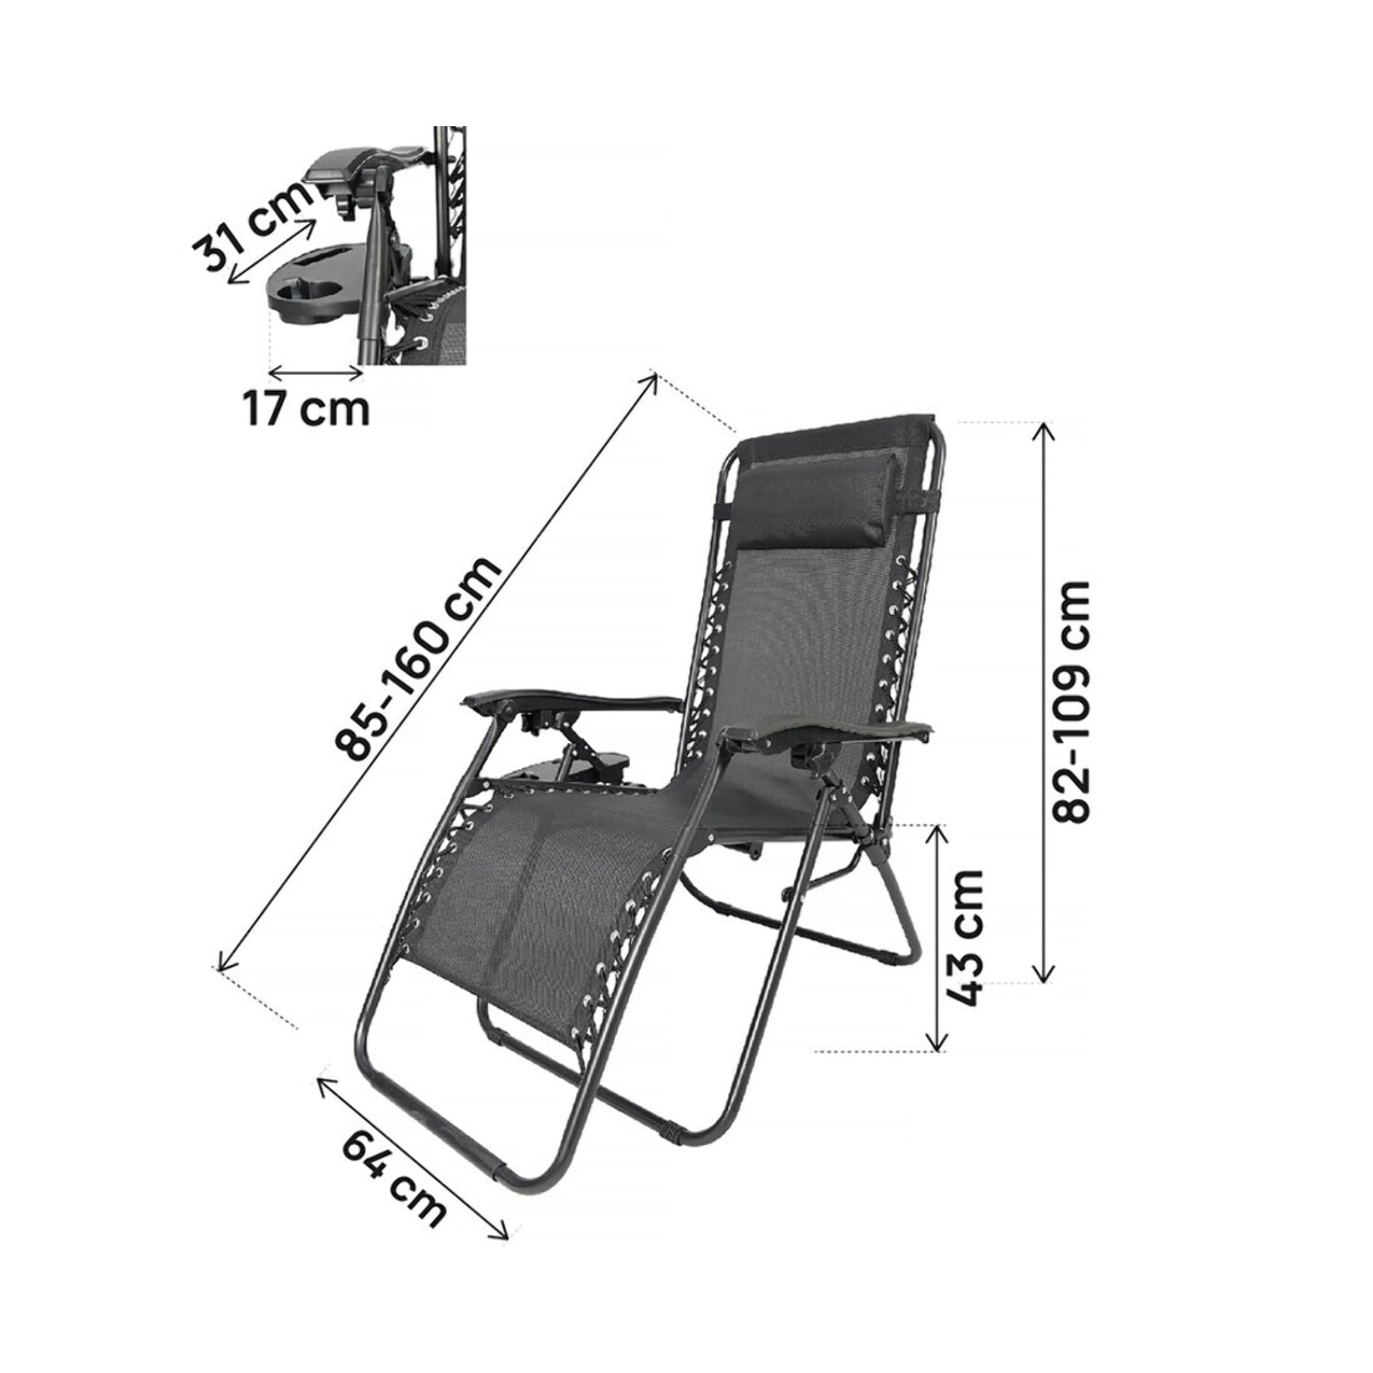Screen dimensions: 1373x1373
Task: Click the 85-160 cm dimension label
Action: [x=420, y=660]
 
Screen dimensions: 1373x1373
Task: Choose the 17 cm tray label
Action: [x=306, y=408]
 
